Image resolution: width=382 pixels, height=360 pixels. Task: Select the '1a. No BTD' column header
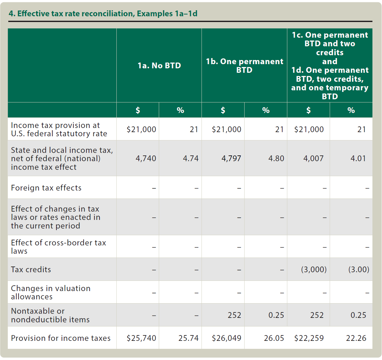tap(159, 65)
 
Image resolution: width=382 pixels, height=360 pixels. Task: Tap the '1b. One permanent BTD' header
tap(244, 66)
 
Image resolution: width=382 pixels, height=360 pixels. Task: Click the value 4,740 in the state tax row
tap(146, 158)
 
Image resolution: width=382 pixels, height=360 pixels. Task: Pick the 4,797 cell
tap(231, 158)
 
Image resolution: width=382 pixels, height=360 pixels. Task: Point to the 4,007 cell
tap(313, 158)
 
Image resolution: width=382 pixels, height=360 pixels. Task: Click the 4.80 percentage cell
tap(276, 158)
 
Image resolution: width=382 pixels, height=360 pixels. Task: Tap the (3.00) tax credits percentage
tap(359, 269)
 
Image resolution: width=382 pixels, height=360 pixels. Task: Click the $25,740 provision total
tap(141, 338)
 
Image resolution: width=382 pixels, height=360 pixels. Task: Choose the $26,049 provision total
tap(226, 338)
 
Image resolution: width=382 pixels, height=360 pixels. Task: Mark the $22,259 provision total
tap(309, 338)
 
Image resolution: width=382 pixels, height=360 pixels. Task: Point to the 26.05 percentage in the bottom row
tap(274, 338)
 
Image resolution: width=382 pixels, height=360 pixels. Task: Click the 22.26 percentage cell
tap(356, 338)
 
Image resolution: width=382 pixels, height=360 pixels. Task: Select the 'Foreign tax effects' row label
tap(46, 188)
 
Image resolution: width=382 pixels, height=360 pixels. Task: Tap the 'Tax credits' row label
tap(31, 269)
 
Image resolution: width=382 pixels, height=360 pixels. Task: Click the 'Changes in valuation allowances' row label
tap(51, 292)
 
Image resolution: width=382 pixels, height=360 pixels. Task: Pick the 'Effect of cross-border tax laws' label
tap(58, 247)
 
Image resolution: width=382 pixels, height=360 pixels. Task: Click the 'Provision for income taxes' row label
tap(61, 338)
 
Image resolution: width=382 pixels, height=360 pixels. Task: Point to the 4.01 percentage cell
tap(358, 158)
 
